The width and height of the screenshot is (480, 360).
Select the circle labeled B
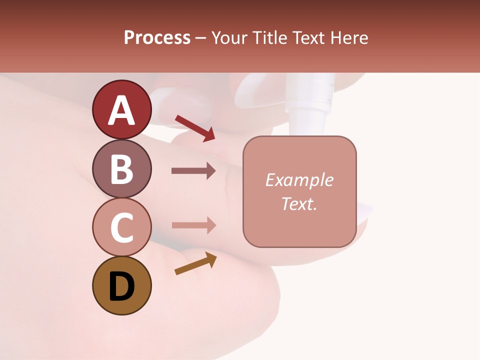pos(122,168)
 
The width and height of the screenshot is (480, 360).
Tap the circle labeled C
pos(122,227)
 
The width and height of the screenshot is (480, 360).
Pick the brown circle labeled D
pos(122,285)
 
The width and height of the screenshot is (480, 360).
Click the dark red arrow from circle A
pos(195,127)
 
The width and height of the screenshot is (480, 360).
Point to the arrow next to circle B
pos(193,171)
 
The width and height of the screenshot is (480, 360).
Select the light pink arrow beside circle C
pos(193,225)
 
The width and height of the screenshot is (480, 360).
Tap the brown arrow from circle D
pos(195,263)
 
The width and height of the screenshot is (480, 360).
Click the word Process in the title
pos(157,37)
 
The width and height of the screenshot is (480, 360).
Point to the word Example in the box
pos(299,180)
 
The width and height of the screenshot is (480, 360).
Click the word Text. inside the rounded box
pos(299,203)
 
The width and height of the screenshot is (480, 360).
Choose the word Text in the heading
pos(306,37)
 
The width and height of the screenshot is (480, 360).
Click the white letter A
pos(122,110)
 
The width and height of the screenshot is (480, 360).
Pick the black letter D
pos(122,286)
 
